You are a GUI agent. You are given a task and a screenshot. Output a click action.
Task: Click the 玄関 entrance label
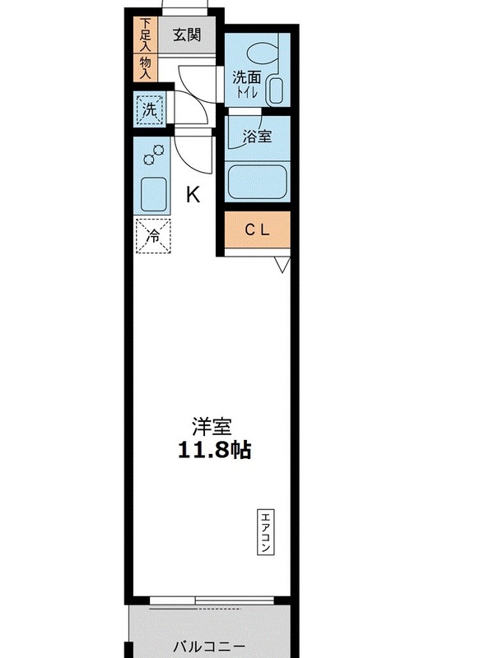point(187,35)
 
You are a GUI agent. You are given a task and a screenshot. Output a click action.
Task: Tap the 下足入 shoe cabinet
point(146,35)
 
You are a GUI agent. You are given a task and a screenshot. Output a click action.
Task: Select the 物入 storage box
point(146,67)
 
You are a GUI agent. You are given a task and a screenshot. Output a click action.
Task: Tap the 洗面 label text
point(247,77)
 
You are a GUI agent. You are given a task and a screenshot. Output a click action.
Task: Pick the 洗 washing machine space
point(150,109)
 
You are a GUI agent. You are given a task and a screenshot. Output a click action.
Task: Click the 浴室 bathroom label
point(257,137)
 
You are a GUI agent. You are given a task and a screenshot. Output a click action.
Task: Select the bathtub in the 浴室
point(257,182)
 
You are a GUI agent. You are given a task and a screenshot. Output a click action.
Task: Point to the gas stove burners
point(153,155)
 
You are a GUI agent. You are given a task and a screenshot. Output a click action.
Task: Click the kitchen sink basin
point(153,194)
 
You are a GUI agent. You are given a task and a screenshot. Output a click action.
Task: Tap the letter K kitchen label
point(193,195)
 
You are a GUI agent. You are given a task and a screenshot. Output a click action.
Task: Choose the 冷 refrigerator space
point(153,236)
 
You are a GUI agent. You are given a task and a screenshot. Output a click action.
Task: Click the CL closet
point(258,230)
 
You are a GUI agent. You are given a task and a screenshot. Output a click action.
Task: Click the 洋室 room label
point(212,427)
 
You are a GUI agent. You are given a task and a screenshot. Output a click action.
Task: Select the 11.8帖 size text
point(215,450)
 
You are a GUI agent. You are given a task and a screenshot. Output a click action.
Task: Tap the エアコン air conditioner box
point(265,532)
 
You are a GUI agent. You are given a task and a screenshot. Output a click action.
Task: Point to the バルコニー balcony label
point(209,646)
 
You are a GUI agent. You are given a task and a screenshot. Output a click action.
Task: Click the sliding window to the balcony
point(212,600)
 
